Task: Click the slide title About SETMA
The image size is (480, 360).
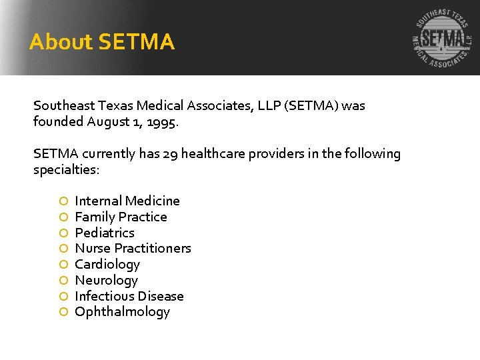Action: pos(102,43)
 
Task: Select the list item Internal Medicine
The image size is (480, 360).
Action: pos(127,201)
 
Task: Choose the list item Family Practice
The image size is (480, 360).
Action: pos(121,217)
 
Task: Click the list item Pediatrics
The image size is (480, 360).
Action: pos(105,233)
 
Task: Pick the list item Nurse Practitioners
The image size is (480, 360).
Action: pos(133,249)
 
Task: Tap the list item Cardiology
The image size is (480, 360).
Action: pos(107,265)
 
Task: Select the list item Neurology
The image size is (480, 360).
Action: pos(106,280)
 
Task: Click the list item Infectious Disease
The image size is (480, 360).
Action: pos(129,296)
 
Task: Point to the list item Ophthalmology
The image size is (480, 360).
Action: pos(122,312)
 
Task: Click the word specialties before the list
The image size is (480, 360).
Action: pos(65,170)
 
